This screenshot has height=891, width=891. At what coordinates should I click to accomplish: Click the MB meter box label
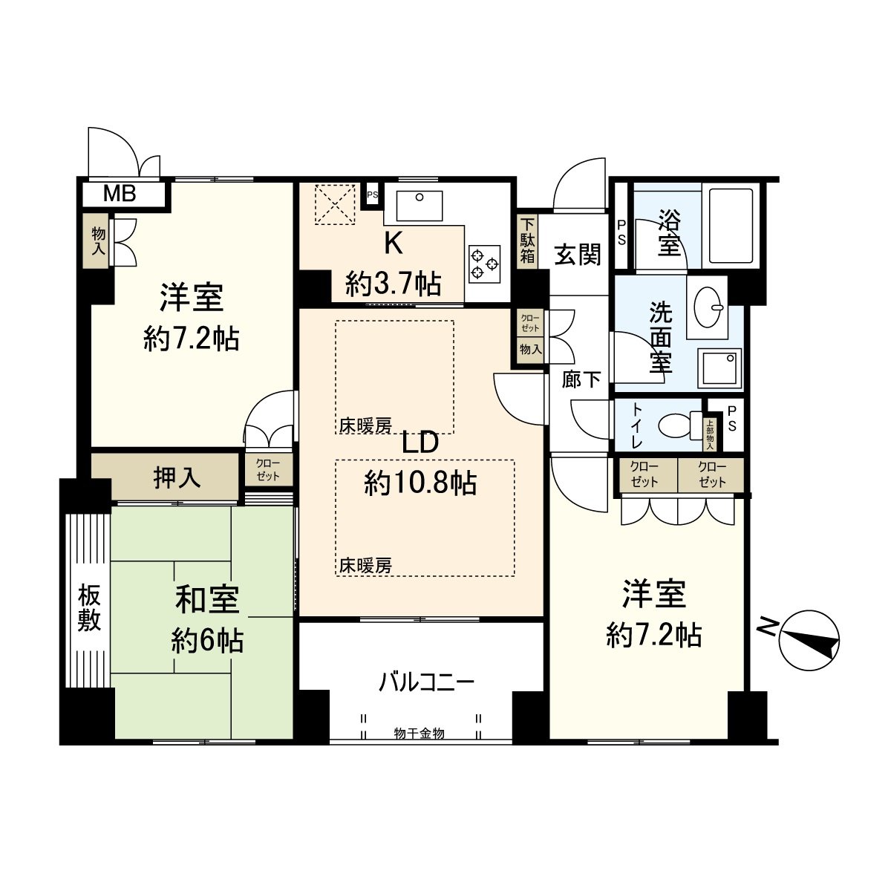click(120, 195)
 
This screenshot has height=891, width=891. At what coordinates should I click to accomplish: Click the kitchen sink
click(419, 205)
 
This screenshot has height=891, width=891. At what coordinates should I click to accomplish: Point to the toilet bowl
click(676, 426)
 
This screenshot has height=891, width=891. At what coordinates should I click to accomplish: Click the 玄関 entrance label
click(578, 255)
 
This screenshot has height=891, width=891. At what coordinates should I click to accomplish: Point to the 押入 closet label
click(177, 478)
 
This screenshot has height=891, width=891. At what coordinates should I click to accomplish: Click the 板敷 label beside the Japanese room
click(89, 608)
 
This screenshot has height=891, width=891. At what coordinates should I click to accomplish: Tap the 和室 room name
click(207, 600)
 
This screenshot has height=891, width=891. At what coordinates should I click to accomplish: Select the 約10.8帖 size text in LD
click(420, 484)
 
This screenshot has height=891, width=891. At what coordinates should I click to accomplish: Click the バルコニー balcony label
click(426, 682)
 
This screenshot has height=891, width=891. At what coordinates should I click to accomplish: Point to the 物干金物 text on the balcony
click(420, 734)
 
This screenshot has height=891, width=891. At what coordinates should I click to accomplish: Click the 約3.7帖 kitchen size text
click(394, 283)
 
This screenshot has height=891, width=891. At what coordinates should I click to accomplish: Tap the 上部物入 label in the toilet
click(709, 435)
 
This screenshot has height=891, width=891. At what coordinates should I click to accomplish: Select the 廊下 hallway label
click(581, 380)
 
